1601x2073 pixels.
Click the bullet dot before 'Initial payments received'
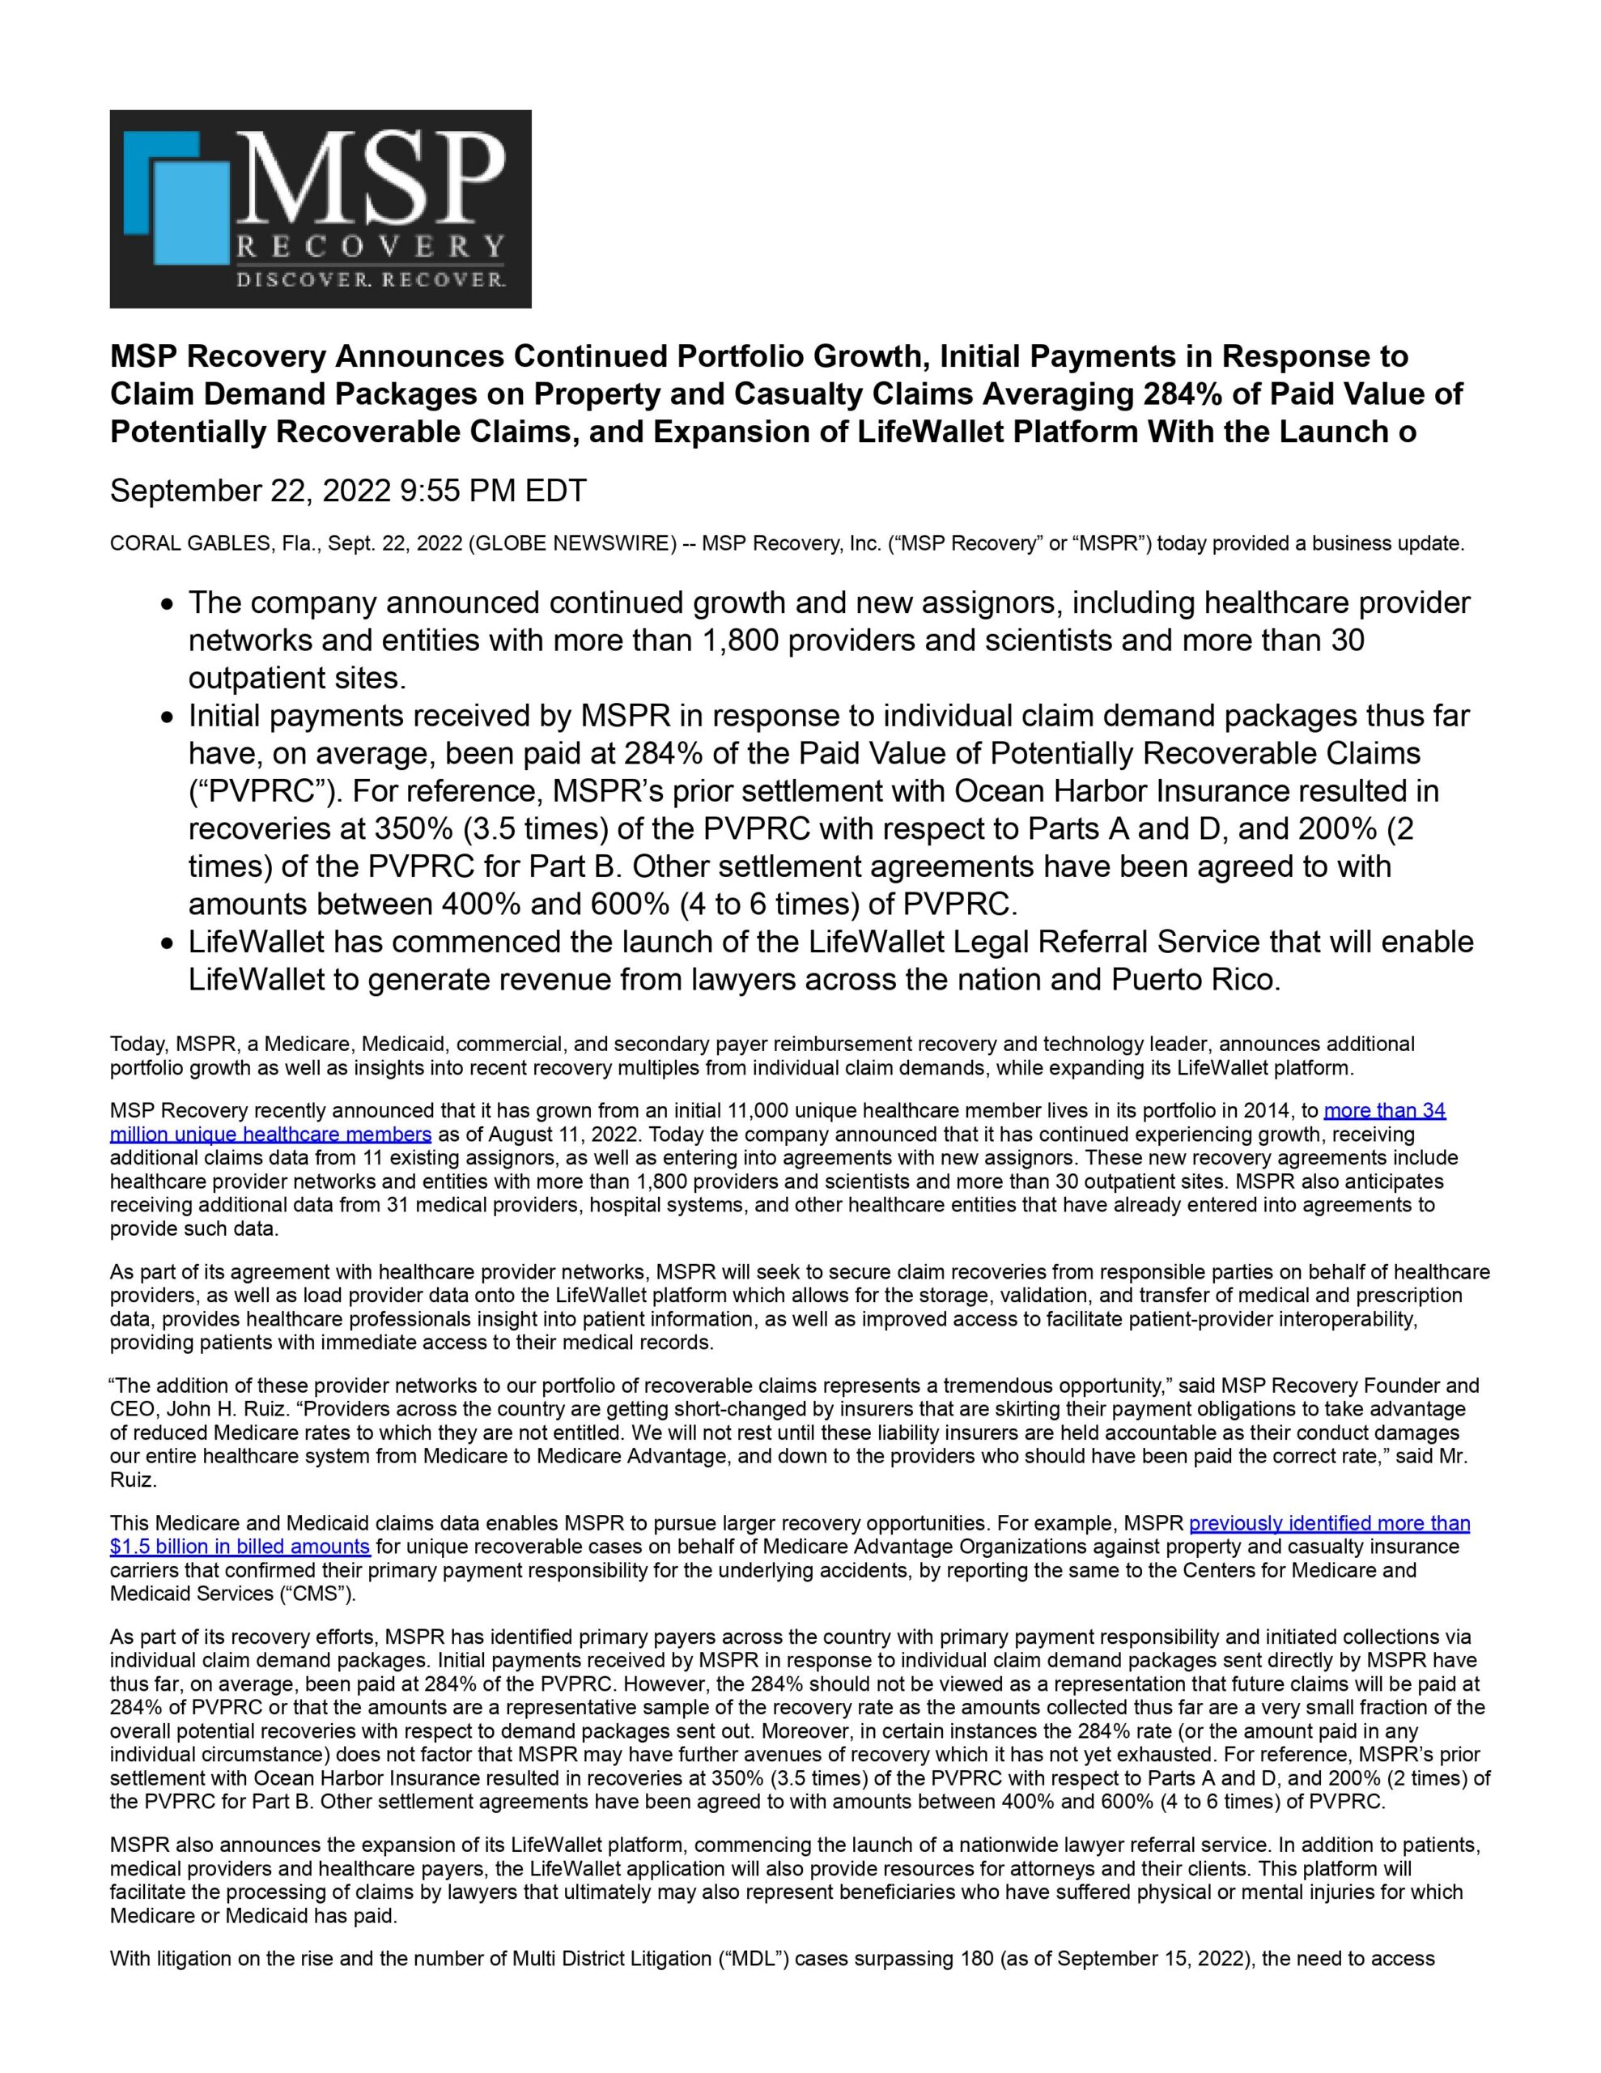pyautogui.click(x=167, y=717)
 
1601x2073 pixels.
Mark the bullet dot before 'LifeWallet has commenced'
pyautogui.click(x=167, y=944)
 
